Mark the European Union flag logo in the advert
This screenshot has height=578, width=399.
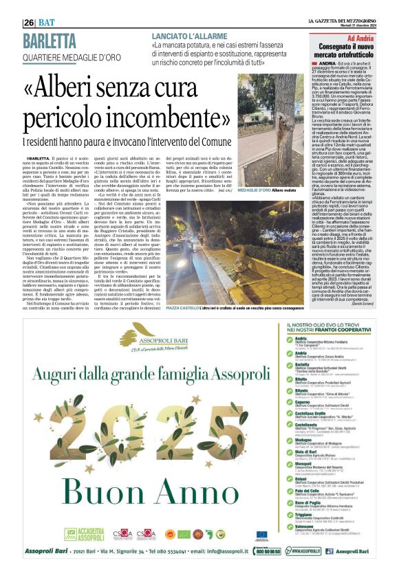tap(262, 533)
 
